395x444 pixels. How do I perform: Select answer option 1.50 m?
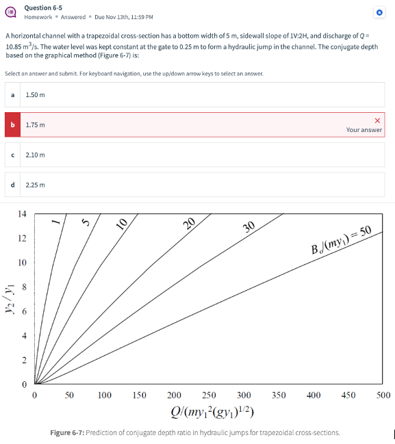(36, 94)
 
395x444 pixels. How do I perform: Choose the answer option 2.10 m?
(36, 155)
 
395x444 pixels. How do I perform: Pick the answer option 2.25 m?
(36, 185)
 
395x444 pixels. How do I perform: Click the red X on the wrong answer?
(377, 120)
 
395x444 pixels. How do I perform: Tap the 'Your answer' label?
(364, 130)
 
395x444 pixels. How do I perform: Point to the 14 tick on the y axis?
(22, 215)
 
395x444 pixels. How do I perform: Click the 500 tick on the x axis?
(383, 395)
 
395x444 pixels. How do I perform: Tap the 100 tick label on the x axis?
(104, 395)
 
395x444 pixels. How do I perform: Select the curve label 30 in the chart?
(249, 227)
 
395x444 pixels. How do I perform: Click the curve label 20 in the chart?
(190, 222)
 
